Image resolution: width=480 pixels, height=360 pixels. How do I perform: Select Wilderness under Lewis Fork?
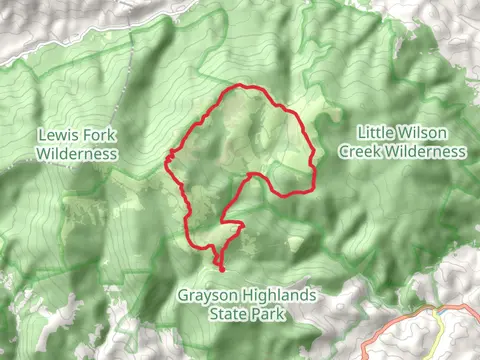pos(77,154)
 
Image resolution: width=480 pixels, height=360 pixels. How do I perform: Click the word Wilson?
pos(427,132)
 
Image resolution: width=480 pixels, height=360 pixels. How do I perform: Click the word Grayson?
pos(207,296)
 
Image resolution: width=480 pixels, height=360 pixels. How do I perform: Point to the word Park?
pos(269,314)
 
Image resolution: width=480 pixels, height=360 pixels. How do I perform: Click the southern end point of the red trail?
pos(221,269)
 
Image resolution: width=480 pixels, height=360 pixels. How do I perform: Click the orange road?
pos(400,320)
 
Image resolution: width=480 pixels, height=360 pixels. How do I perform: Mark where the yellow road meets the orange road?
pos(435,311)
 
